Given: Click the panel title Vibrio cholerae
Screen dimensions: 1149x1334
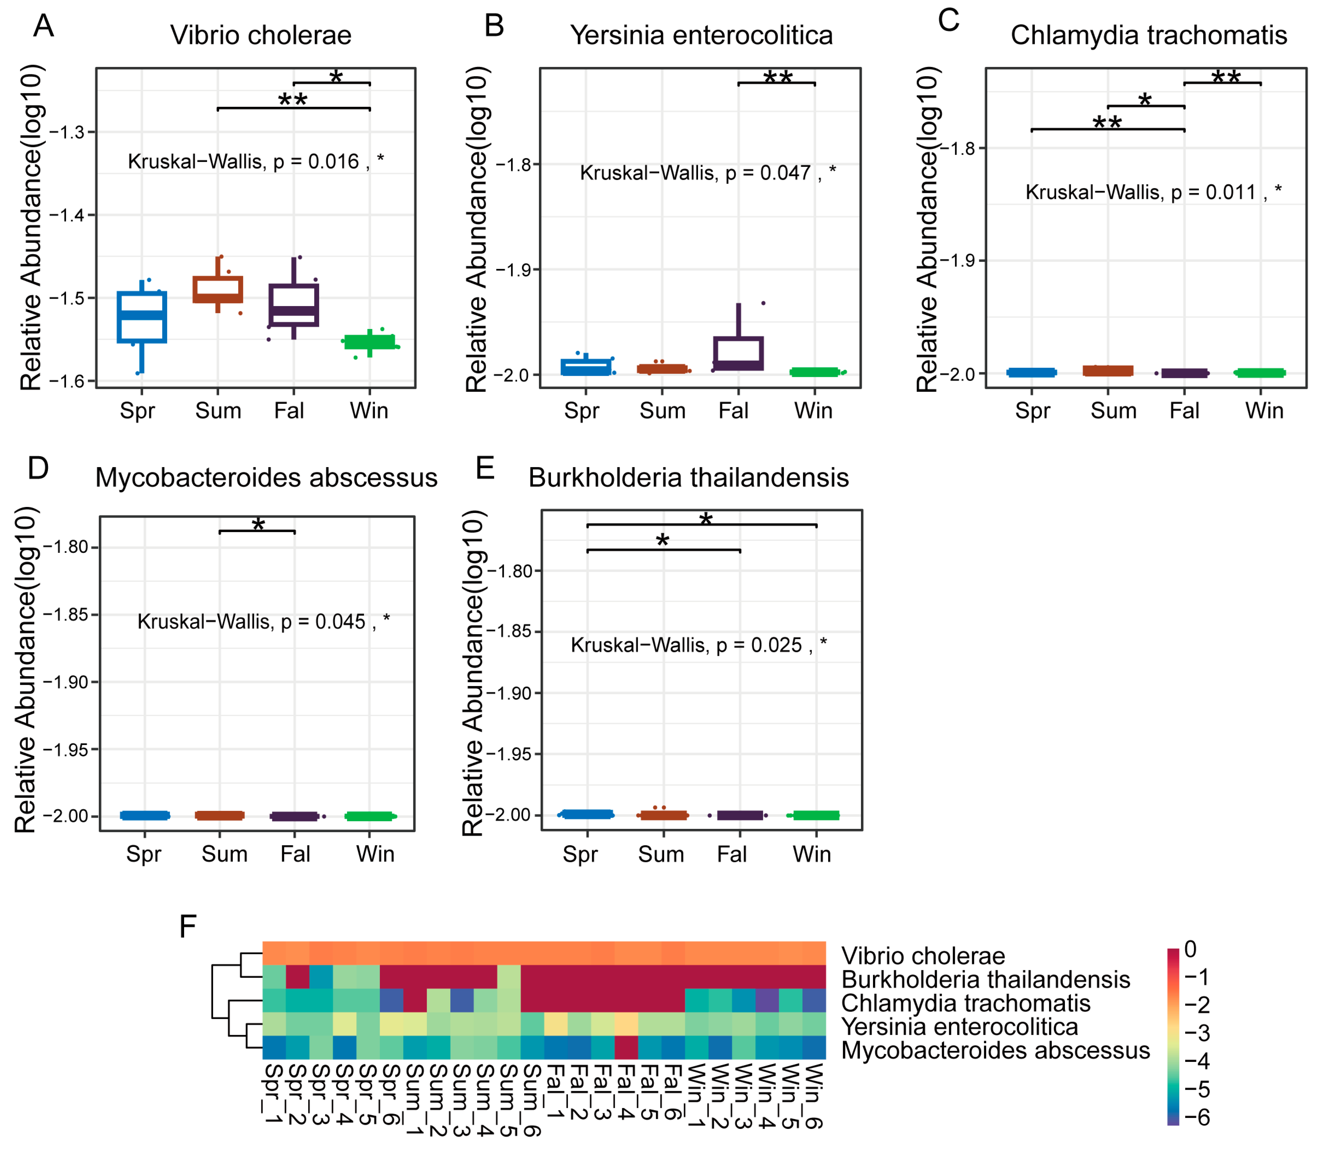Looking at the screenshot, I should [261, 35].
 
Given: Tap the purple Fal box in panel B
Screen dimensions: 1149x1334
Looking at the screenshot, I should [739, 353].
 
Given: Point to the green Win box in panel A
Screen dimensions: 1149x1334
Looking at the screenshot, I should [370, 342].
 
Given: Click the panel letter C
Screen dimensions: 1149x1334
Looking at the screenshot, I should [948, 20].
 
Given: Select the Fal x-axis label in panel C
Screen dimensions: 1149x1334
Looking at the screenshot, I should [1184, 411].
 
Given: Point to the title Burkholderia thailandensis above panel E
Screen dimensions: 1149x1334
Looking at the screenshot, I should [688, 478].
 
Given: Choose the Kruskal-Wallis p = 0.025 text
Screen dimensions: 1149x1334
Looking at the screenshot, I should [698, 645].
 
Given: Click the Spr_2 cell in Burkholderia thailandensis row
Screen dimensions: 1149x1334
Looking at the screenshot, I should [297, 977].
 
